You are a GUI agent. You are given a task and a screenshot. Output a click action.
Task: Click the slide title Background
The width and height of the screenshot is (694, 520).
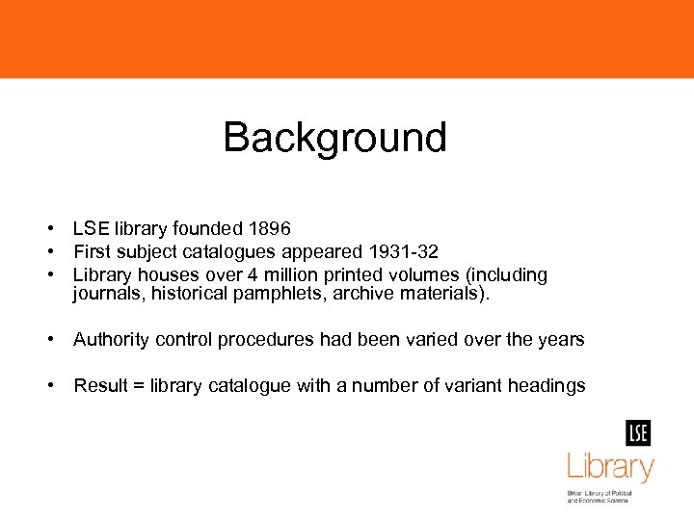pos(334,138)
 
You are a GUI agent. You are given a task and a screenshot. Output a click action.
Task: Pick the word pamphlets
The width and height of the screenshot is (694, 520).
pos(280,295)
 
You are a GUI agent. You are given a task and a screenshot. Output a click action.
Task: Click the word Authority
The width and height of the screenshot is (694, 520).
pos(110,340)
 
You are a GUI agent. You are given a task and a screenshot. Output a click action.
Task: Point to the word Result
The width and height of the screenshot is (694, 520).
pos(100,386)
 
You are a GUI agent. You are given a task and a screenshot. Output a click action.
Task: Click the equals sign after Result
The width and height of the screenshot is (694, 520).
pos(139,387)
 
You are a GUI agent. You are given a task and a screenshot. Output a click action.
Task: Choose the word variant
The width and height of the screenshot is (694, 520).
pos(478,386)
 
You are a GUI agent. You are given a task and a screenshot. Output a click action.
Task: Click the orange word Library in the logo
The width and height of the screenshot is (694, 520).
pos(610,469)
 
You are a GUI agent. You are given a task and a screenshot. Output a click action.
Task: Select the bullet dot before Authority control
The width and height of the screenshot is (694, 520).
pos(47,340)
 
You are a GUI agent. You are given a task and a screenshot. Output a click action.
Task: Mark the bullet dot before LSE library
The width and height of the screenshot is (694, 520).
pos(47,229)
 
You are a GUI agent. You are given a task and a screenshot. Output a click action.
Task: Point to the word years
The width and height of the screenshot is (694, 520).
pos(561,340)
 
